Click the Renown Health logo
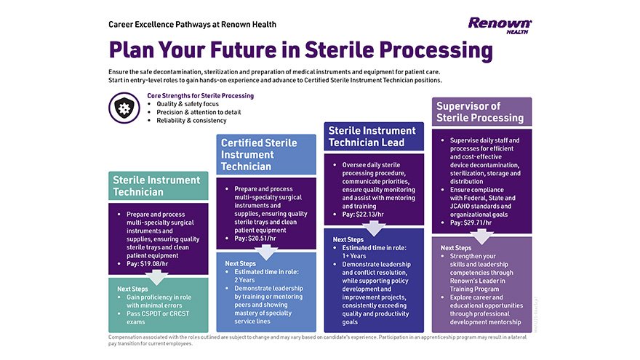[x=500, y=25]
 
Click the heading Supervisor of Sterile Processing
[x=479, y=112]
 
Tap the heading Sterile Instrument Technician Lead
[x=372, y=136]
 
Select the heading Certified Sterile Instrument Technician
[x=259, y=154]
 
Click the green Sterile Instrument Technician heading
[x=156, y=186]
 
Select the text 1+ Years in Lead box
[x=354, y=256]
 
